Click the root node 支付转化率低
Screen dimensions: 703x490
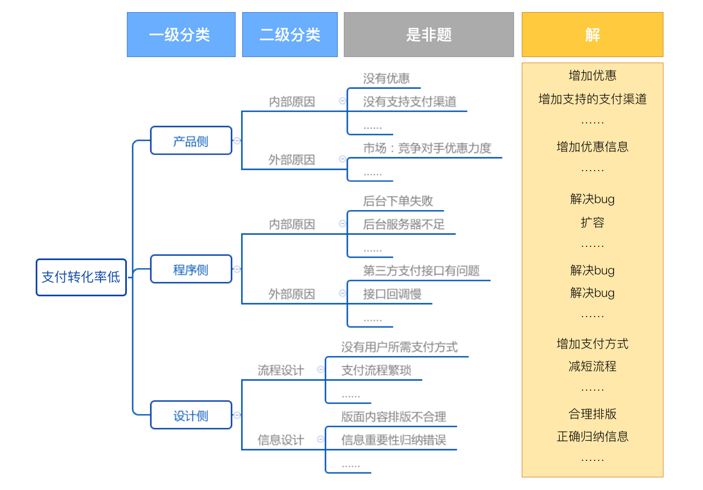click(x=81, y=278)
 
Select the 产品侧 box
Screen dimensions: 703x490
click(x=191, y=140)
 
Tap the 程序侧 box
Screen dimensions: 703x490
click(x=191, y=269)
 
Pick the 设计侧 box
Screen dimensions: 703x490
click(x=191, y=415)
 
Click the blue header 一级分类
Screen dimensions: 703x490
click(x=181, y=35)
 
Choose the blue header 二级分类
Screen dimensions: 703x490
click(x=289, y=35)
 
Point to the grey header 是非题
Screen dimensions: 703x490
click(x=429, y=35)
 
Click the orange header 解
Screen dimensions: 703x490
click(x=592, y=35)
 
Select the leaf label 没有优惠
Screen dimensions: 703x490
click(x=386, y=78)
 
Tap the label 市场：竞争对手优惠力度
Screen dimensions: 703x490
click(x=427, y=148)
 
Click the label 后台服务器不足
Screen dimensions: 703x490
click(x=404, y=224)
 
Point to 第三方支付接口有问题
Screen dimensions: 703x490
click(x=421, y=271)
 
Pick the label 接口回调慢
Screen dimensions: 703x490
click(x=392, y=294)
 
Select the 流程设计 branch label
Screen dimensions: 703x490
click(x=281, y=370)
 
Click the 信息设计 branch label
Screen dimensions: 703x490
click(x=281, y=440)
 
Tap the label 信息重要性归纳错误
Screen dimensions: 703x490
click(x=394, y=440)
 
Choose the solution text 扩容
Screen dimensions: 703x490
click(x=592, y=223)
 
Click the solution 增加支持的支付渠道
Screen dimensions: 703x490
click(x=592, y=99)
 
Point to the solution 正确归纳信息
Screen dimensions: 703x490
click(x=592, y=436)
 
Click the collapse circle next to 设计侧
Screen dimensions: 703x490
click(x=237, y=415)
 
